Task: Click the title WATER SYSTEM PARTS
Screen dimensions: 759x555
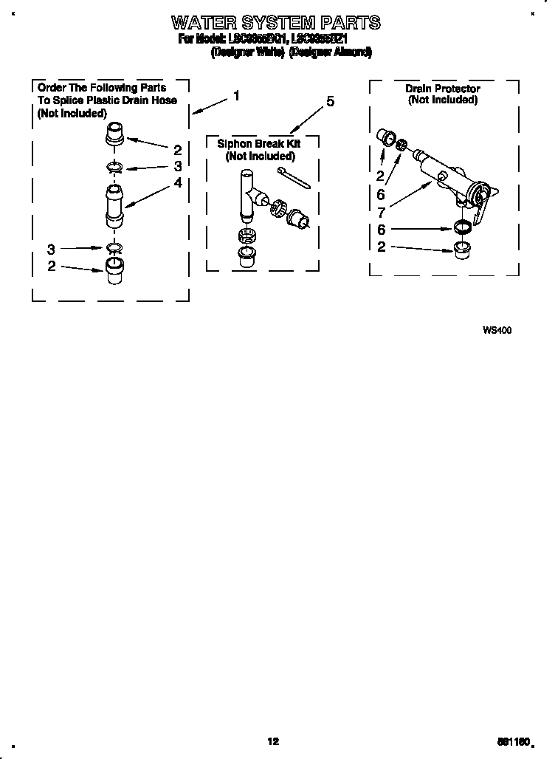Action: point(276,22)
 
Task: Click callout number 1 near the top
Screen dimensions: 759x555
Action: point(236,95)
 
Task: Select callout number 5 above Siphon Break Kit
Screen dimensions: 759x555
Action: point(330,102)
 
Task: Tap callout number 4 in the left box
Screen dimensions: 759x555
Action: point(178,182)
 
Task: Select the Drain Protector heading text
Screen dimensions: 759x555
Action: point(442,89)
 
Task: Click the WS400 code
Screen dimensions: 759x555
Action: point(497,331)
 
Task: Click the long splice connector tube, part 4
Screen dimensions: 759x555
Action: point(113,207)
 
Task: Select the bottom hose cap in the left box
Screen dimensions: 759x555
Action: point(113,269)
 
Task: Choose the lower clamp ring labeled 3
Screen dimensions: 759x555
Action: point(114,247)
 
